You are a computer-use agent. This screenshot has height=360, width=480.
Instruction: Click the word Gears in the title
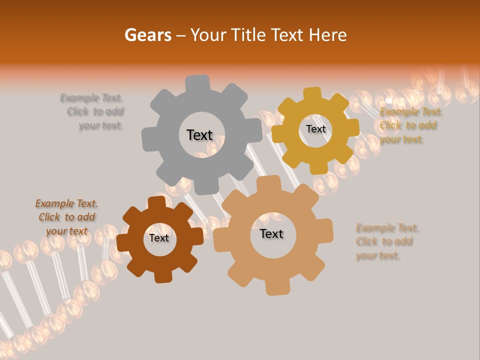[x=147, y=35]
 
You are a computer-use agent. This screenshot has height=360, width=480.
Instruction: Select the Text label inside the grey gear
[x=199, y=135]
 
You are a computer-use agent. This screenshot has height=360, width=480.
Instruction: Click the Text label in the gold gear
[x=315, y=129]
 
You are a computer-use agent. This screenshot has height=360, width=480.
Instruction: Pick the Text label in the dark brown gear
[x=158, y=238]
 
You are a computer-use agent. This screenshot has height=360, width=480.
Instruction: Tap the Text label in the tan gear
[x=271, y=233]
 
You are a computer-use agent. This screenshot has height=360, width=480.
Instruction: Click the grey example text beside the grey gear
[x=93, y=111]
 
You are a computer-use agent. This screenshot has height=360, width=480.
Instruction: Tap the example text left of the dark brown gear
[x=66, y=217]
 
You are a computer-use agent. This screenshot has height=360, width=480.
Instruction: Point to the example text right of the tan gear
[x=386, y=242]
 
